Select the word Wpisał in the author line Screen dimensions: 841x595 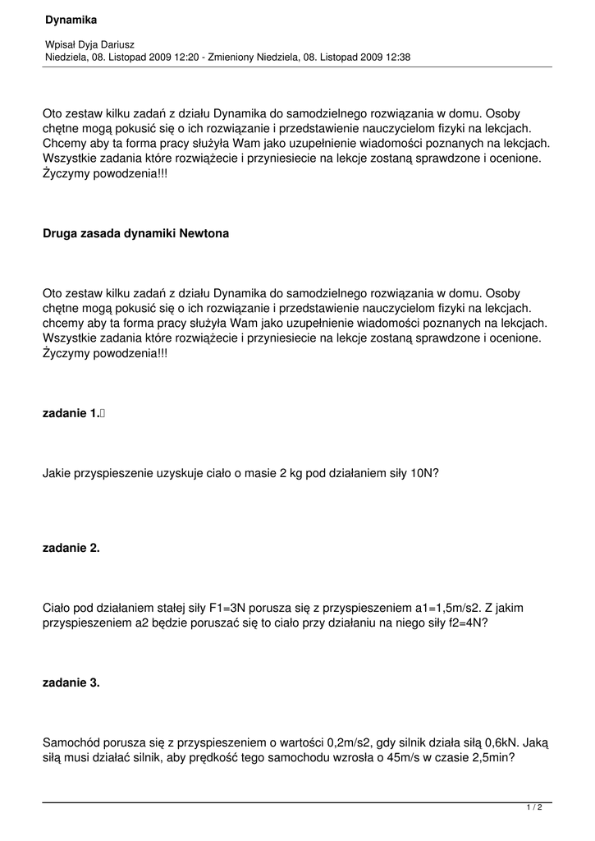[x=60, y=44]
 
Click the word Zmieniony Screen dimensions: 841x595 [x=233, y=57]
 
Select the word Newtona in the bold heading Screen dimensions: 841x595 [x=200, y=233]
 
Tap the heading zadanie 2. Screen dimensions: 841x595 [x=71, y=549]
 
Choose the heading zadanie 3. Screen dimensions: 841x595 [x=71, y=682]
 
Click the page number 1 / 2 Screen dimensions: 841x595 [x=534, y=808]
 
